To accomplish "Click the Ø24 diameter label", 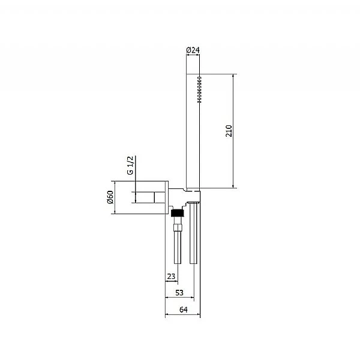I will click(x=193, y=50).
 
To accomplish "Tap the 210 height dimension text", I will click(x=229, y=131).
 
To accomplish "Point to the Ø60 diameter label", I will click(x=110, y=197).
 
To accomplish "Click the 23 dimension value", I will click(x=171, y=277).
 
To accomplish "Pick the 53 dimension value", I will click(x=179, y=293).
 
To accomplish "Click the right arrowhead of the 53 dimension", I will click(x=191, y=298).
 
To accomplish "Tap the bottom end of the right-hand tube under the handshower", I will click(x=193, y=264).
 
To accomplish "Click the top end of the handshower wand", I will click(x=193, y=75).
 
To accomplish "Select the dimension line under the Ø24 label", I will click(x=193, y=56).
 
